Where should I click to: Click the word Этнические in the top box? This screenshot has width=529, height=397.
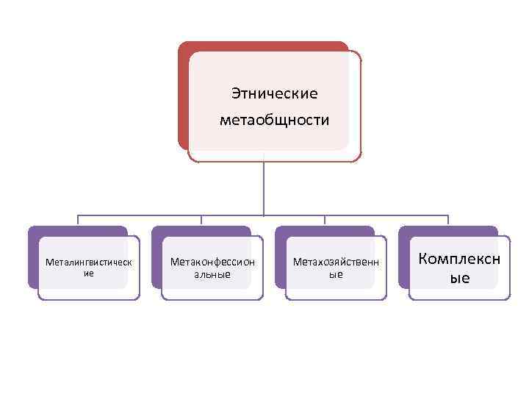274,94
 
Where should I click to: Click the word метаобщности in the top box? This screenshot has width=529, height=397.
274,119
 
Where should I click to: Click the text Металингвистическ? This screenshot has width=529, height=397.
89,262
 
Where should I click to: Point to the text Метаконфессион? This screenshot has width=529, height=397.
212,261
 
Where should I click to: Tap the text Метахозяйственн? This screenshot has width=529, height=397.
336,262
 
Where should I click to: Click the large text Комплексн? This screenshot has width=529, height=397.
459,258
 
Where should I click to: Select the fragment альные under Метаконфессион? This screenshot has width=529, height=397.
212,274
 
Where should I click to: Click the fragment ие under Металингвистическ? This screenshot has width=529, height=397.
89,273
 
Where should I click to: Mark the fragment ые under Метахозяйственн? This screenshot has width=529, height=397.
336,274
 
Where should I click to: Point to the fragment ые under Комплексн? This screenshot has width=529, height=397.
459,279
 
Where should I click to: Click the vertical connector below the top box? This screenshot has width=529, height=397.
263,187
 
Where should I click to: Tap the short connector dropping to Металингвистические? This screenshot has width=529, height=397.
78,221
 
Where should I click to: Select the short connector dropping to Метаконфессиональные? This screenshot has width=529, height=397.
201,221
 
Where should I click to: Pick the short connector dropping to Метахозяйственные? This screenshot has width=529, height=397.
325,221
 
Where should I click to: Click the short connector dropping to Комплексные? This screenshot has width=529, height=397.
448,221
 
